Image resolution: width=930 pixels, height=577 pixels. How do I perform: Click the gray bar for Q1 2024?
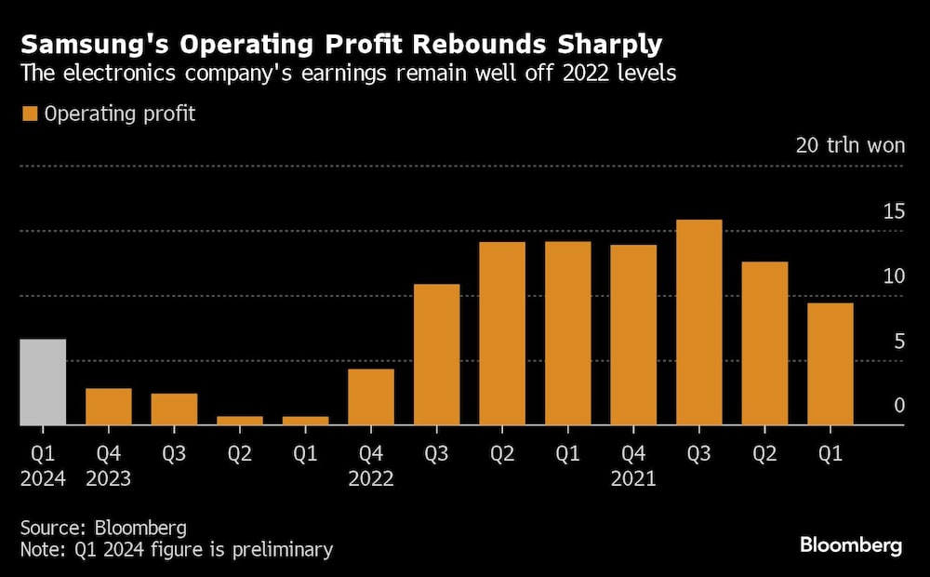pyautogui.click(x=43, y=382)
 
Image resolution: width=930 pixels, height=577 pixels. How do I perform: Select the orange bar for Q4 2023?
pyautogui.click(x=108, y=407)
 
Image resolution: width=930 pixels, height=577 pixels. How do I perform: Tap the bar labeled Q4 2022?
pyautogui.click(x=370, y=397)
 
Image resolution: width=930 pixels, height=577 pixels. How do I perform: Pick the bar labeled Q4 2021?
pyautogui.click(x=633, y=335)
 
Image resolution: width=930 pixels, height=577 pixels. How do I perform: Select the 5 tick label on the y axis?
pyautogui.click(x=898, y=342)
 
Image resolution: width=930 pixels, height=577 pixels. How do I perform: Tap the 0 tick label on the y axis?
pyautogui.click(x=898, y=406)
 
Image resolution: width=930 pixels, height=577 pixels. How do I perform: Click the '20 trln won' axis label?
pyautogui.click(x=849, y=146)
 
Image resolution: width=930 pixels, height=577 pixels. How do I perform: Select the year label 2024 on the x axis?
pyautogui.click(x=43, y=479)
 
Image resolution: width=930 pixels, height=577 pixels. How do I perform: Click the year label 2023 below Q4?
pyautogui.click(x=108, y=479)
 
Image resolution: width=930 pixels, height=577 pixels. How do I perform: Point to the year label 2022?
pyautogui.click(x=370, y=479)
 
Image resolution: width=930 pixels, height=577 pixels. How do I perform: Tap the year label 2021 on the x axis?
pyautogui.click(x=633, y=479)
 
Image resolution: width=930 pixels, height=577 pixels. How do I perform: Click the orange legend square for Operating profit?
pyautogui.click(x=29, y=114)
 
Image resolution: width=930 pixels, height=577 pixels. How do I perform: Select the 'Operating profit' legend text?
pyautogui.click(x=120, y=114)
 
